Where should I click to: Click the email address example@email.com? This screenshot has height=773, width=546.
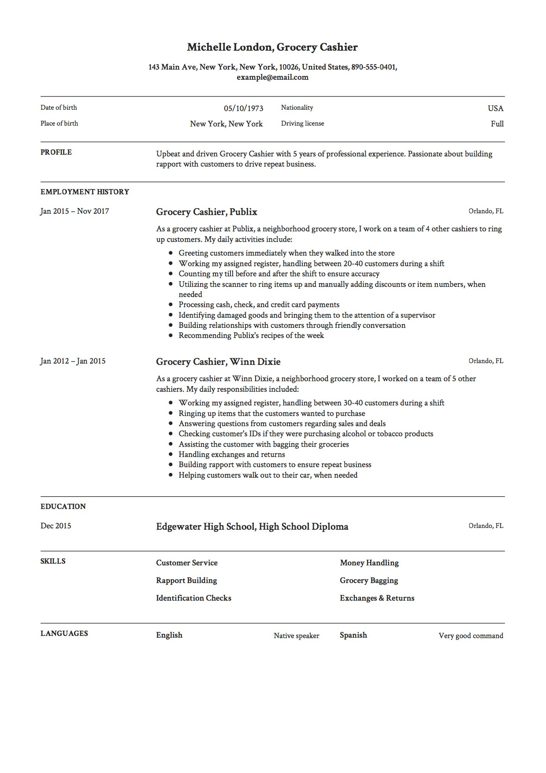click(272, 78)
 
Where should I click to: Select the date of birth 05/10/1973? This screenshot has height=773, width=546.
click(243, 108)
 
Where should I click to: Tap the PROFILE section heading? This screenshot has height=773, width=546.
click(56, 152)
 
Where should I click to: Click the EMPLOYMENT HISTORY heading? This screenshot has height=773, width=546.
click(85, 192)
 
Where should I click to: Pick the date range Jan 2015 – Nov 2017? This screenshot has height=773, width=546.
click(74, 211)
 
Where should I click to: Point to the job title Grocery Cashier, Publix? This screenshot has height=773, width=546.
click(207, 212)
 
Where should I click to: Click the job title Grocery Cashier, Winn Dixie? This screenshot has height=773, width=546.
click(218, 362)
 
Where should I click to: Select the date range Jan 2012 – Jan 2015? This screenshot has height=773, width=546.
click(73, 361)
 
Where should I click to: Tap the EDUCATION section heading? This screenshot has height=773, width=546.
click(63, 507)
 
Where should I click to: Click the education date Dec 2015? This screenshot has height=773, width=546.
click(56, 526)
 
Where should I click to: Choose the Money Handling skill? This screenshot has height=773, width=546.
click(369, 563)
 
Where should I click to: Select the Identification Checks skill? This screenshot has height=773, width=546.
click(193, 598)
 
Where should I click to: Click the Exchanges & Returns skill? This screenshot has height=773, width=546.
click(377, 598)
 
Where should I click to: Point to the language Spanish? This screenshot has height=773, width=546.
click(353, 635)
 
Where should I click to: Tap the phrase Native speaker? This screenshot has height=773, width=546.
click(296, 635)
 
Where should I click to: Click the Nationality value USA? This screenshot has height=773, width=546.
click(495, 108)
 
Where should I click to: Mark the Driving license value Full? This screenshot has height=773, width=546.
click(497, 124)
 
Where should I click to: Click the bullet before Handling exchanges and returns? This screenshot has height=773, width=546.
click(171, 455)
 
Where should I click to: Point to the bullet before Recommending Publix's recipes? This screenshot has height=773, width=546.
click(171, 336)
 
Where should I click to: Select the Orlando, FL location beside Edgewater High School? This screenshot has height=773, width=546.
click(486, 526)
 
